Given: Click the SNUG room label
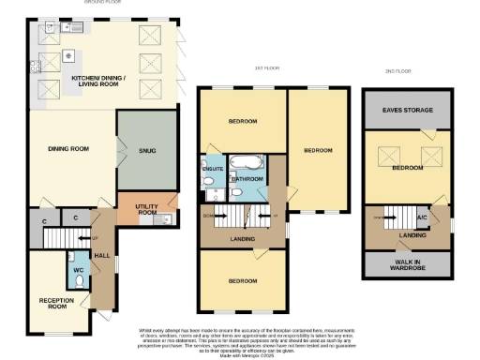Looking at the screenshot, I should (146, 151).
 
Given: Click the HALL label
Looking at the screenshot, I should (102, 254).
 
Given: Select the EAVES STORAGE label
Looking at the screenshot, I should (408, 111).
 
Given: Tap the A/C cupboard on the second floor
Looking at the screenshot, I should (422, 217).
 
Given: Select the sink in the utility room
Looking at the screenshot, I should (166, 218).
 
